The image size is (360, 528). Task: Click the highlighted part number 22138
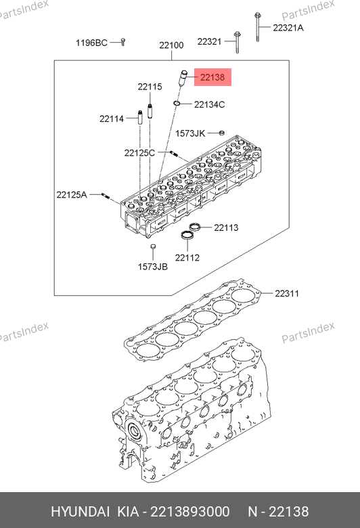[x=212, y=77]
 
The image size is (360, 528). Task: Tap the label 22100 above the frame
[x=171, y=45]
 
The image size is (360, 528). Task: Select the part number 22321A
[x=288, y=28]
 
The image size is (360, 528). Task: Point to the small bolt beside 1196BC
[x=123, y=42]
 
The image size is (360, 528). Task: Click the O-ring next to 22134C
[x=177, y=102]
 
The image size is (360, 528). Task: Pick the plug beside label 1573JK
[x=221, y=133]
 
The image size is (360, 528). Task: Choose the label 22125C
[x=139, y=153]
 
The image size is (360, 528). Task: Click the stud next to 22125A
[x=105, y=196]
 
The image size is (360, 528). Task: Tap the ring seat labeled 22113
[x=195, y=227]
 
